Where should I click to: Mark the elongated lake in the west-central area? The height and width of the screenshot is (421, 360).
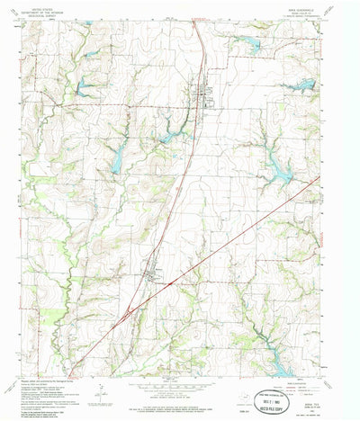point(117,160)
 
